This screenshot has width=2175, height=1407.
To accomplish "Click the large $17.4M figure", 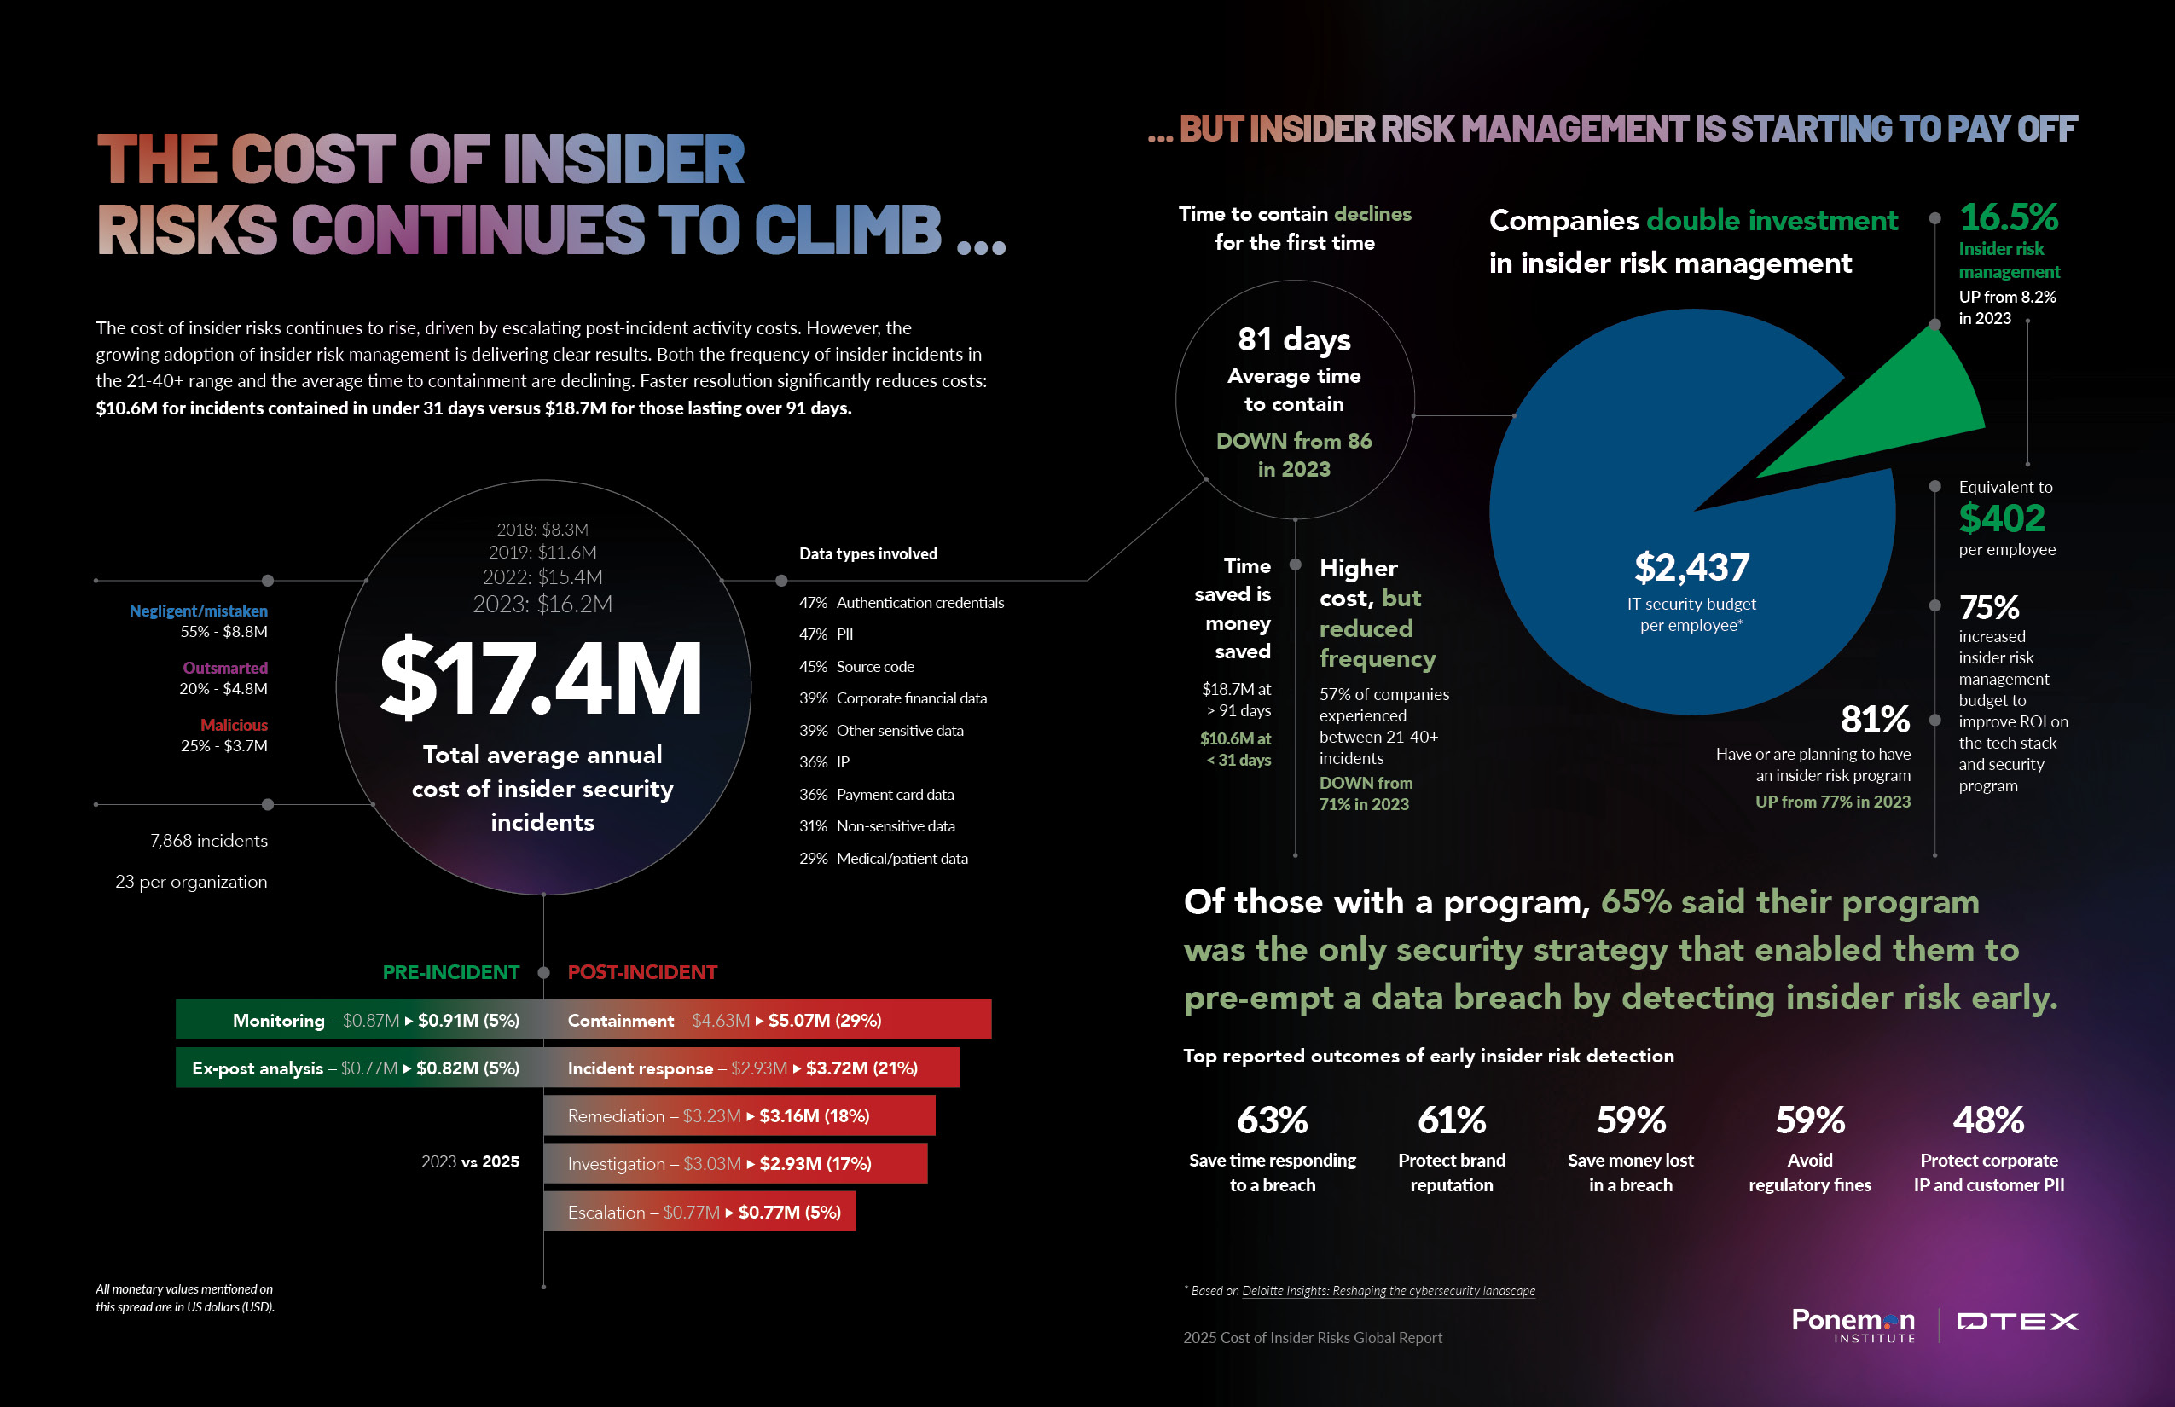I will click(x=541, y=678).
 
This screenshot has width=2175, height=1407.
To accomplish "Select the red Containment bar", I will click(x=768, y=1020).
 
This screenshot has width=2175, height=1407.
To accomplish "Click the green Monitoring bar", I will click(x=360, y=1020).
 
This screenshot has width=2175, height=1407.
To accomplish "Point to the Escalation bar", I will click(x=700, y=1212).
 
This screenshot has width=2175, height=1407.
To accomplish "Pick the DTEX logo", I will click(x=2017, y=1322).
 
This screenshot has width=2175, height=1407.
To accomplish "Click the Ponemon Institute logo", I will click(x=1853, y=1323).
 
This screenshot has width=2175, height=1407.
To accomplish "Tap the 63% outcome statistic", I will click(x=1272, y=1120).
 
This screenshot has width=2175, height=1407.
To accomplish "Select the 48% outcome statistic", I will click(x=1988, y=1120).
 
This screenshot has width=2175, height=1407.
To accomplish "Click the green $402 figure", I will click(x=2001, y=519).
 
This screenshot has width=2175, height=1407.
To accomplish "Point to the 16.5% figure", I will click(x=2009, y=217).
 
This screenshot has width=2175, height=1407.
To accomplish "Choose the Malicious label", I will click(x=234, y=725).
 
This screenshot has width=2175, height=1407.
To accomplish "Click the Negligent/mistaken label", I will click(x=198, y=611).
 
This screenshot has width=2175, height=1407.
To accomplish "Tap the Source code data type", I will click(x=874, y=666).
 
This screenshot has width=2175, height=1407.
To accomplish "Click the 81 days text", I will click(x=1294, y=340).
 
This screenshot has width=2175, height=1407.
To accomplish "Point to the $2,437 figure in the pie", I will click(x=1691, y=567).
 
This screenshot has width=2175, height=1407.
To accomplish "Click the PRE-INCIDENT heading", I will click(x=450, y=972).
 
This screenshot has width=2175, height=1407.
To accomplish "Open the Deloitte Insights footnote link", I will click(x=1389, y=1291).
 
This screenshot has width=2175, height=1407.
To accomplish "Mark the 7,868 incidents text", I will click(x=208, y=841).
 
